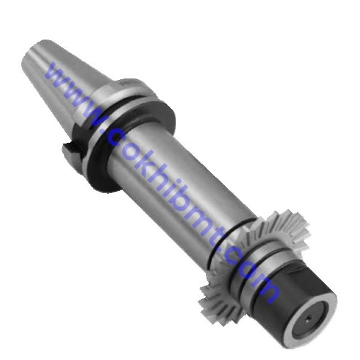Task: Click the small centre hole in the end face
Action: [308, 318]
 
